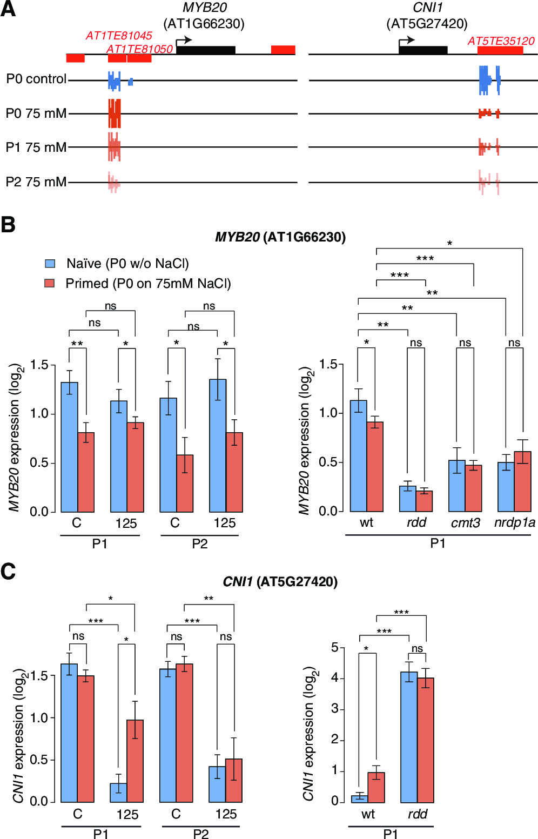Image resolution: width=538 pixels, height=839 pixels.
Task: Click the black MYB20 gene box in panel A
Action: [x=206, y=50]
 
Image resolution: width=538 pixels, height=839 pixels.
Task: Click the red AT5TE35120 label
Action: [x=501, y=41]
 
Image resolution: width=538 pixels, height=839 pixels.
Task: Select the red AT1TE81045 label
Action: [x=119, y=36]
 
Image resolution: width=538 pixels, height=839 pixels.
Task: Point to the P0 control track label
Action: [x=36, y=79]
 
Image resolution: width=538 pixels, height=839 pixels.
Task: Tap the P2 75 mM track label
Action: [x=36, y=182]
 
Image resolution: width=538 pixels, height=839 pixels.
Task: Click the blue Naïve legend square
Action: [x=50, y=264]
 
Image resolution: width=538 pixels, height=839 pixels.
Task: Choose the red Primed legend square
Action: [x=50, y=283]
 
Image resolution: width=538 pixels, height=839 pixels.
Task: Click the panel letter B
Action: [x=8, y=224]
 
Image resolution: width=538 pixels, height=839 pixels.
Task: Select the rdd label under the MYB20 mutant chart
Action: [x=416, y=522]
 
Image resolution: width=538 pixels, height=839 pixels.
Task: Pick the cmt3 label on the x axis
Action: [x=465, y=523]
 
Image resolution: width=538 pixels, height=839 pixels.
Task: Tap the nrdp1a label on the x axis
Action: [x=514, y=522]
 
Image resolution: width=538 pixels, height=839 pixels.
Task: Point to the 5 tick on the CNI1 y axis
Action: [x=335, y=647]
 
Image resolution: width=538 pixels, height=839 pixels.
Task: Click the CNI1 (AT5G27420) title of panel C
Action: [x=280, y=582]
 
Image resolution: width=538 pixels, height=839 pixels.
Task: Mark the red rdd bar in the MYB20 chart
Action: [x=424, y=501]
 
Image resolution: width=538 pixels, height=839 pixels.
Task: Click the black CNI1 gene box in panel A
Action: [x=423, y=50]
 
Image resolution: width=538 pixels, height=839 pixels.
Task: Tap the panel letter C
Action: [x=8, y=572]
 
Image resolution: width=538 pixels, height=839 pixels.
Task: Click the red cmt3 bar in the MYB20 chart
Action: [x=474, y=488]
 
